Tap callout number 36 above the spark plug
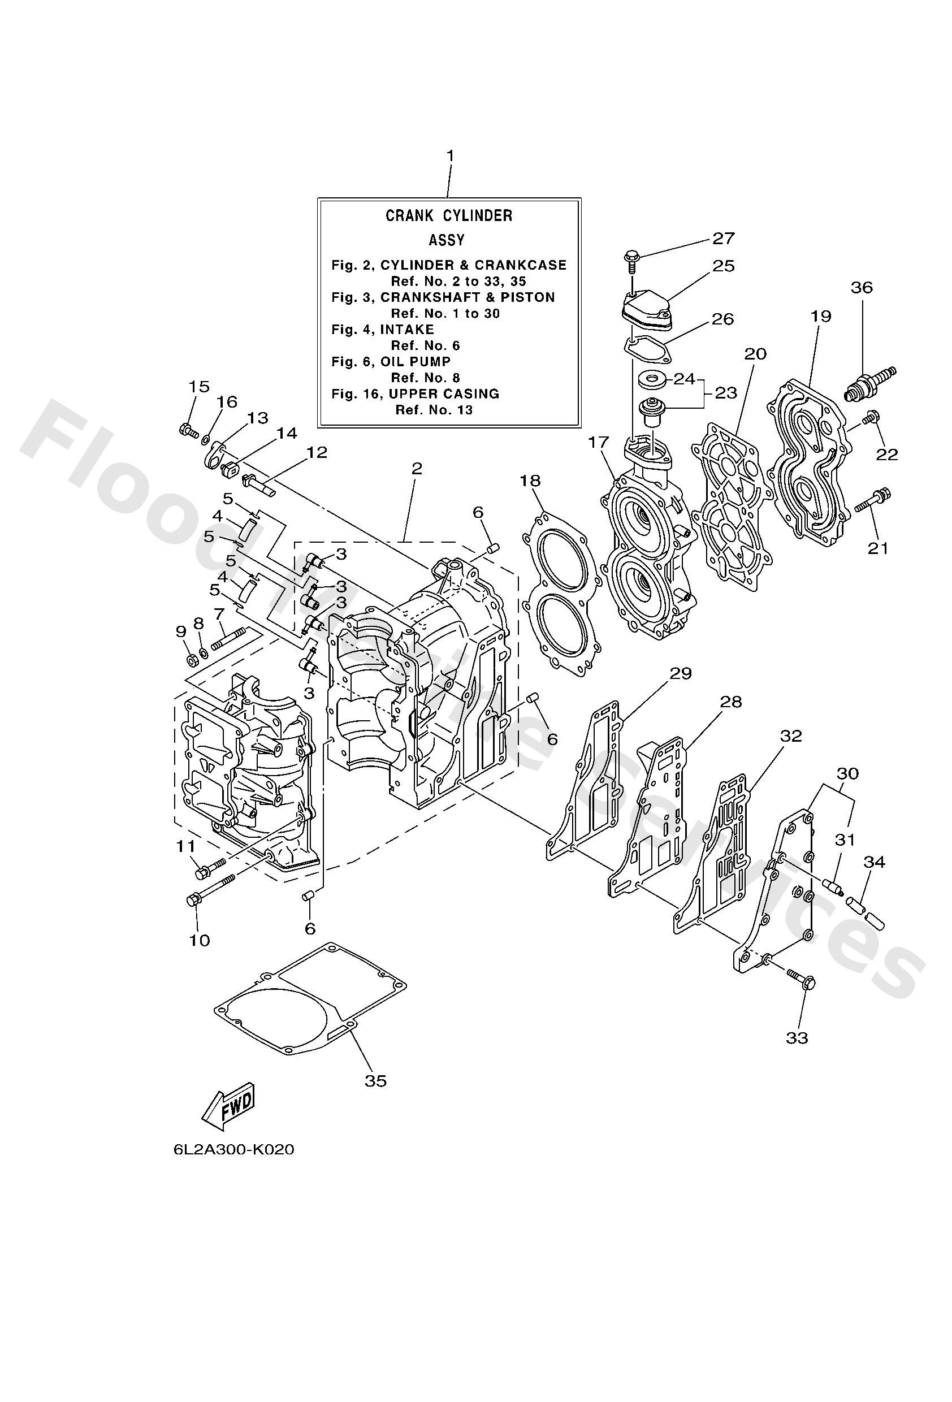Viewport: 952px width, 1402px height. (x=862, y=288)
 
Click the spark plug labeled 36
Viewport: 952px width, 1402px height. (x=869, y=384)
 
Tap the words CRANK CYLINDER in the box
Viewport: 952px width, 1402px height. (x=449, y=216)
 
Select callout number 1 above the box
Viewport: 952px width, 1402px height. (x=449, y=155)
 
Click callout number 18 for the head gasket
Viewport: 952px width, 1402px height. (x=531, y=481)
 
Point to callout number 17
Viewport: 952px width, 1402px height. (x=599, y=443)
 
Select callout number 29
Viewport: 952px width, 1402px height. (x=681, y=673)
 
